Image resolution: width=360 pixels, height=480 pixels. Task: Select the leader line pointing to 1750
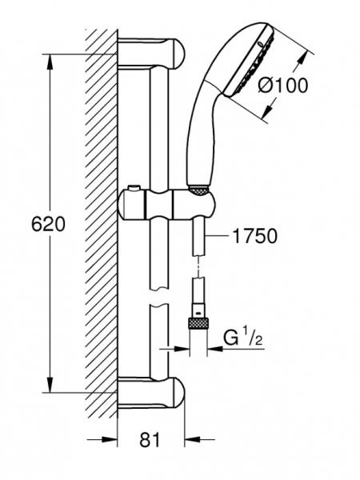216,237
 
